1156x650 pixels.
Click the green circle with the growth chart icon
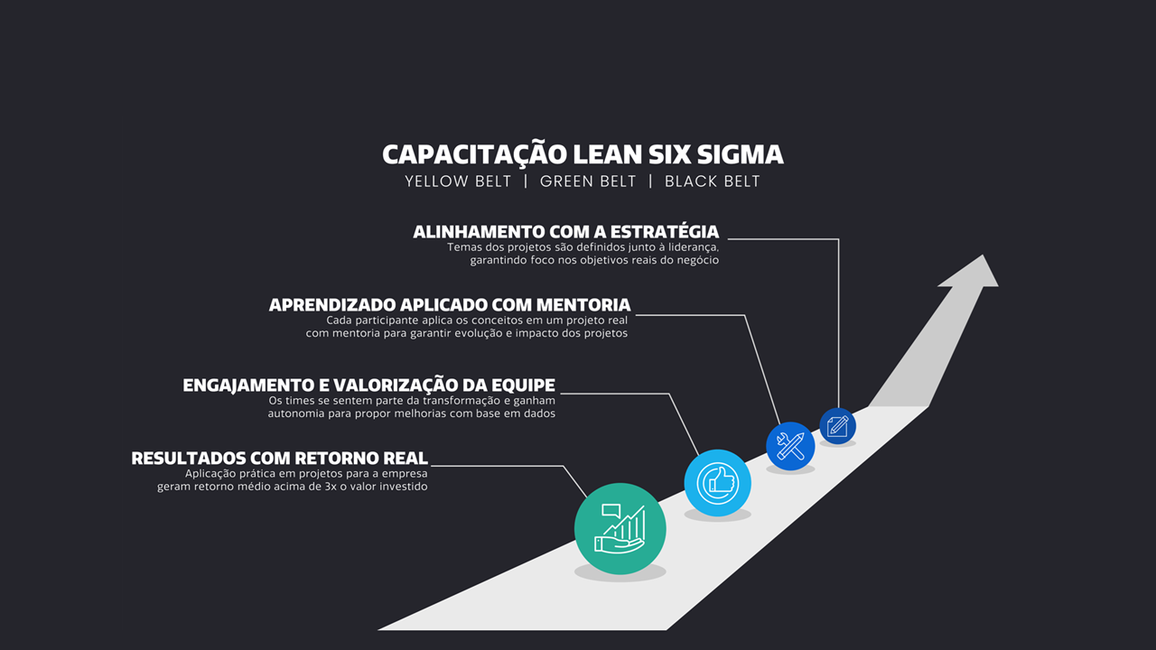[620, 529]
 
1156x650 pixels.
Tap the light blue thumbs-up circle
[717, 483]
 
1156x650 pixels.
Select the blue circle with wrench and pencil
[790, 446]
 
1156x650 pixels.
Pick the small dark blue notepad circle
[837, 426]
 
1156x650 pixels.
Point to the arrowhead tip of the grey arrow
[983, 255]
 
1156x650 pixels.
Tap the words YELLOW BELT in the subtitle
[458, 181]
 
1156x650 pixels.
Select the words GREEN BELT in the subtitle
[588, 181]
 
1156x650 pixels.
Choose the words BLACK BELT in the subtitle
[713, 181]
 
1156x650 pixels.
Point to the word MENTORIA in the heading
[583, 305]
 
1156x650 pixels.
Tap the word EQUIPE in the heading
[523, 385]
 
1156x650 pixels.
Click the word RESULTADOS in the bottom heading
[189, 458]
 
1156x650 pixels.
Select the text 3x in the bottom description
[331, 487]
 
